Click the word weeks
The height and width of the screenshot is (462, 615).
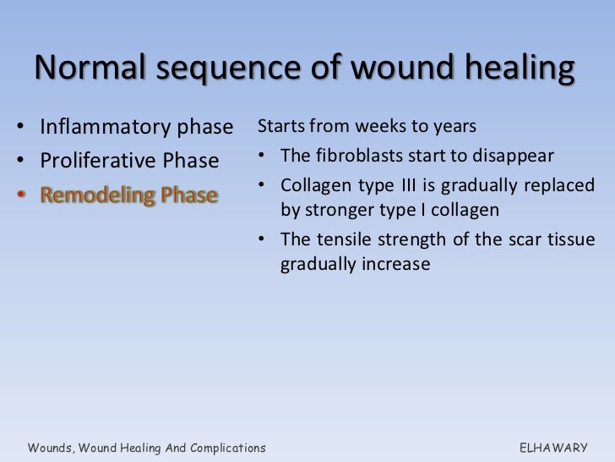click(382, 127)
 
